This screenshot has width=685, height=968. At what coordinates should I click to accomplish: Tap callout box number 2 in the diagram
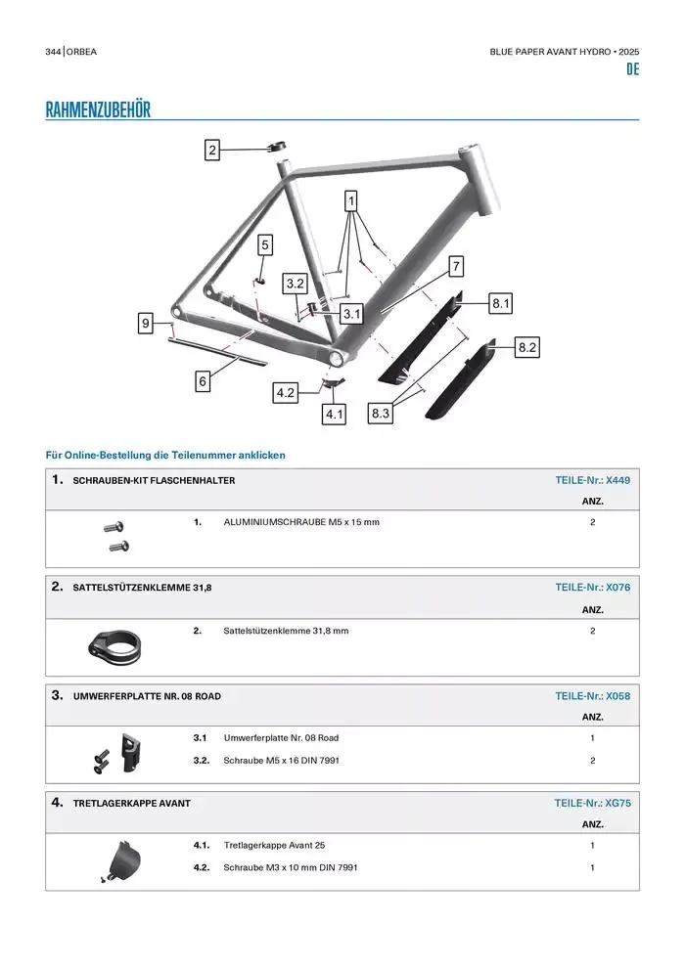pyautogui.click(x=212, y=150)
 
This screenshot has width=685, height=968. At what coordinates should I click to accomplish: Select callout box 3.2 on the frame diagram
pyautogui.click(x=296, y=284)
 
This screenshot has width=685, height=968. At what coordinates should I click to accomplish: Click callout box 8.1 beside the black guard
pyautogui.click(x=501, y=304)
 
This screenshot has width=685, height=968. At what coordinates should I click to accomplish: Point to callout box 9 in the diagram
pyautogui.click(x=145, y=323)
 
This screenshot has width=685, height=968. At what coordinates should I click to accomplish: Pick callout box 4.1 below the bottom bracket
pyautogui.click(x=335, y=415)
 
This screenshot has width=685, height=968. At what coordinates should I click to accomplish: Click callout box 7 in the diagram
pyautogui.click(x=456, y=265)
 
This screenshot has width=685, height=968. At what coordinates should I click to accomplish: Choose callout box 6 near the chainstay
pyautogui.click(x=203, y=381)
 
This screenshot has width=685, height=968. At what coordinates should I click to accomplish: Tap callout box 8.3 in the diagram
pyautogui.click(x=381, y=415)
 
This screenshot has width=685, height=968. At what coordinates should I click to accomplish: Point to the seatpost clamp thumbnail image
pyautogui.click(x=115, y=644)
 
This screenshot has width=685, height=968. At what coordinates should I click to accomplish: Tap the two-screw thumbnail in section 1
pyautogui.click(x=116, y=535)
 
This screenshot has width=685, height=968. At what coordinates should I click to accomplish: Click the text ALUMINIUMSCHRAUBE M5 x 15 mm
pyautogui.click(x=301, y=522)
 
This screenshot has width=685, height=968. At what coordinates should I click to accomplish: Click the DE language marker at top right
pyautogui.click(x=632, y=70)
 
